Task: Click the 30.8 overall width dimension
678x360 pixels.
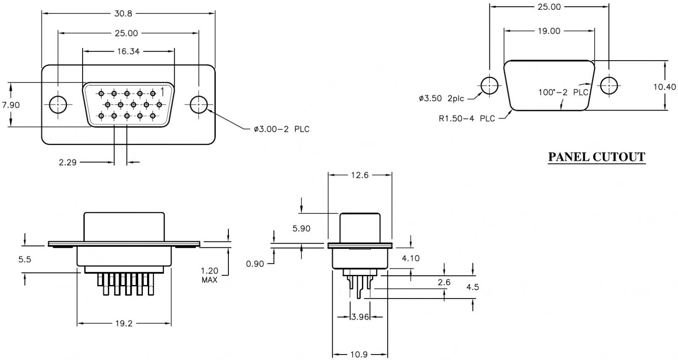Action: click(x=123, y=14)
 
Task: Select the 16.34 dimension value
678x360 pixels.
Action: click(x=128, y=51)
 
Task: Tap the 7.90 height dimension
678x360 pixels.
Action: click(x=11, y=105)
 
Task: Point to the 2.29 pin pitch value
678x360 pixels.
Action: click(x=67, y=163)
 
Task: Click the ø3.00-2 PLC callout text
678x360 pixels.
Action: click(x=281, y=129)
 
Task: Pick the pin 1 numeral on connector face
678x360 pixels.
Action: click(x=162, y=91)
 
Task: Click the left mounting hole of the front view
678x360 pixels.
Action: click(x=58, y=105)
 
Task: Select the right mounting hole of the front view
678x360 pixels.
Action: click(x=199, y=105)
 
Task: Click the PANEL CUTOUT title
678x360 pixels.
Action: click(x=597, y=157)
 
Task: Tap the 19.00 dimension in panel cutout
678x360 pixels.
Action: click(x=549, y=31)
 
